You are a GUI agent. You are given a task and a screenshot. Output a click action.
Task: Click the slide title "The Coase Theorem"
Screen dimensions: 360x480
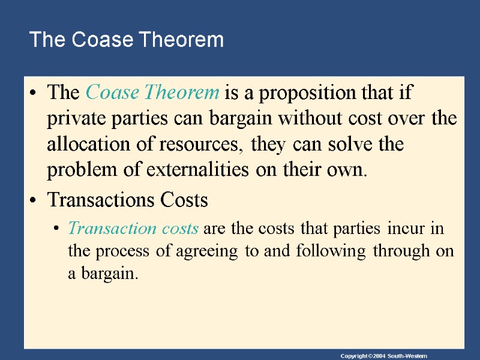[x=126, y=40]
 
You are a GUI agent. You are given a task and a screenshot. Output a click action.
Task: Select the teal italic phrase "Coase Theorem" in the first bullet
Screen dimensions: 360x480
[x=152, y=93]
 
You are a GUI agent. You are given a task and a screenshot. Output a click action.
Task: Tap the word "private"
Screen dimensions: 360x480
[x=77, y=119]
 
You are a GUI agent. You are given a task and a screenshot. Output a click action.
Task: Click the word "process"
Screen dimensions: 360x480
[x=130, y=251]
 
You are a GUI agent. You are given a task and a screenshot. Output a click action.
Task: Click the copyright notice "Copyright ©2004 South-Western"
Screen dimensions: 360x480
[x=383, y=356]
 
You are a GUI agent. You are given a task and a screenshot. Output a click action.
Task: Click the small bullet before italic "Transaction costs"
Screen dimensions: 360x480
[x=56, y=229]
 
